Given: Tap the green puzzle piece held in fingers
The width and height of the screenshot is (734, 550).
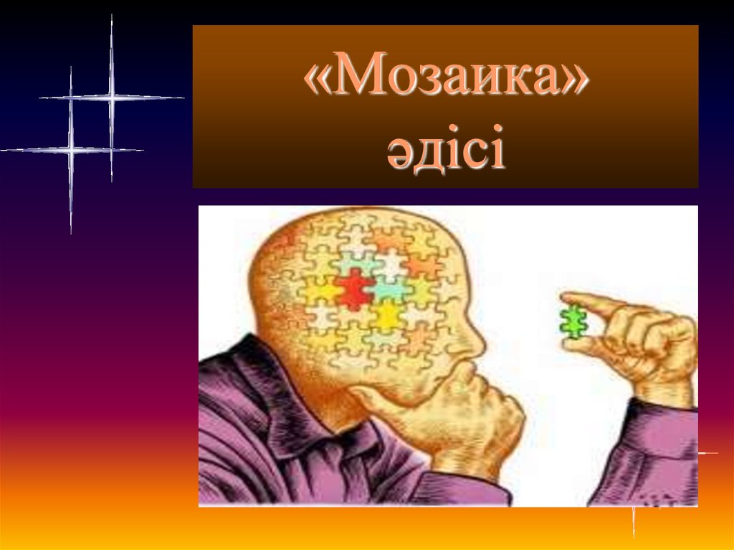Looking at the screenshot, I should (573, 321).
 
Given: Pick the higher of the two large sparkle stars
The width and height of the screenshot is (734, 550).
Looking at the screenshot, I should (111, 98).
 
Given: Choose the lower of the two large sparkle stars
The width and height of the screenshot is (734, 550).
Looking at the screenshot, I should (71, 150).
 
